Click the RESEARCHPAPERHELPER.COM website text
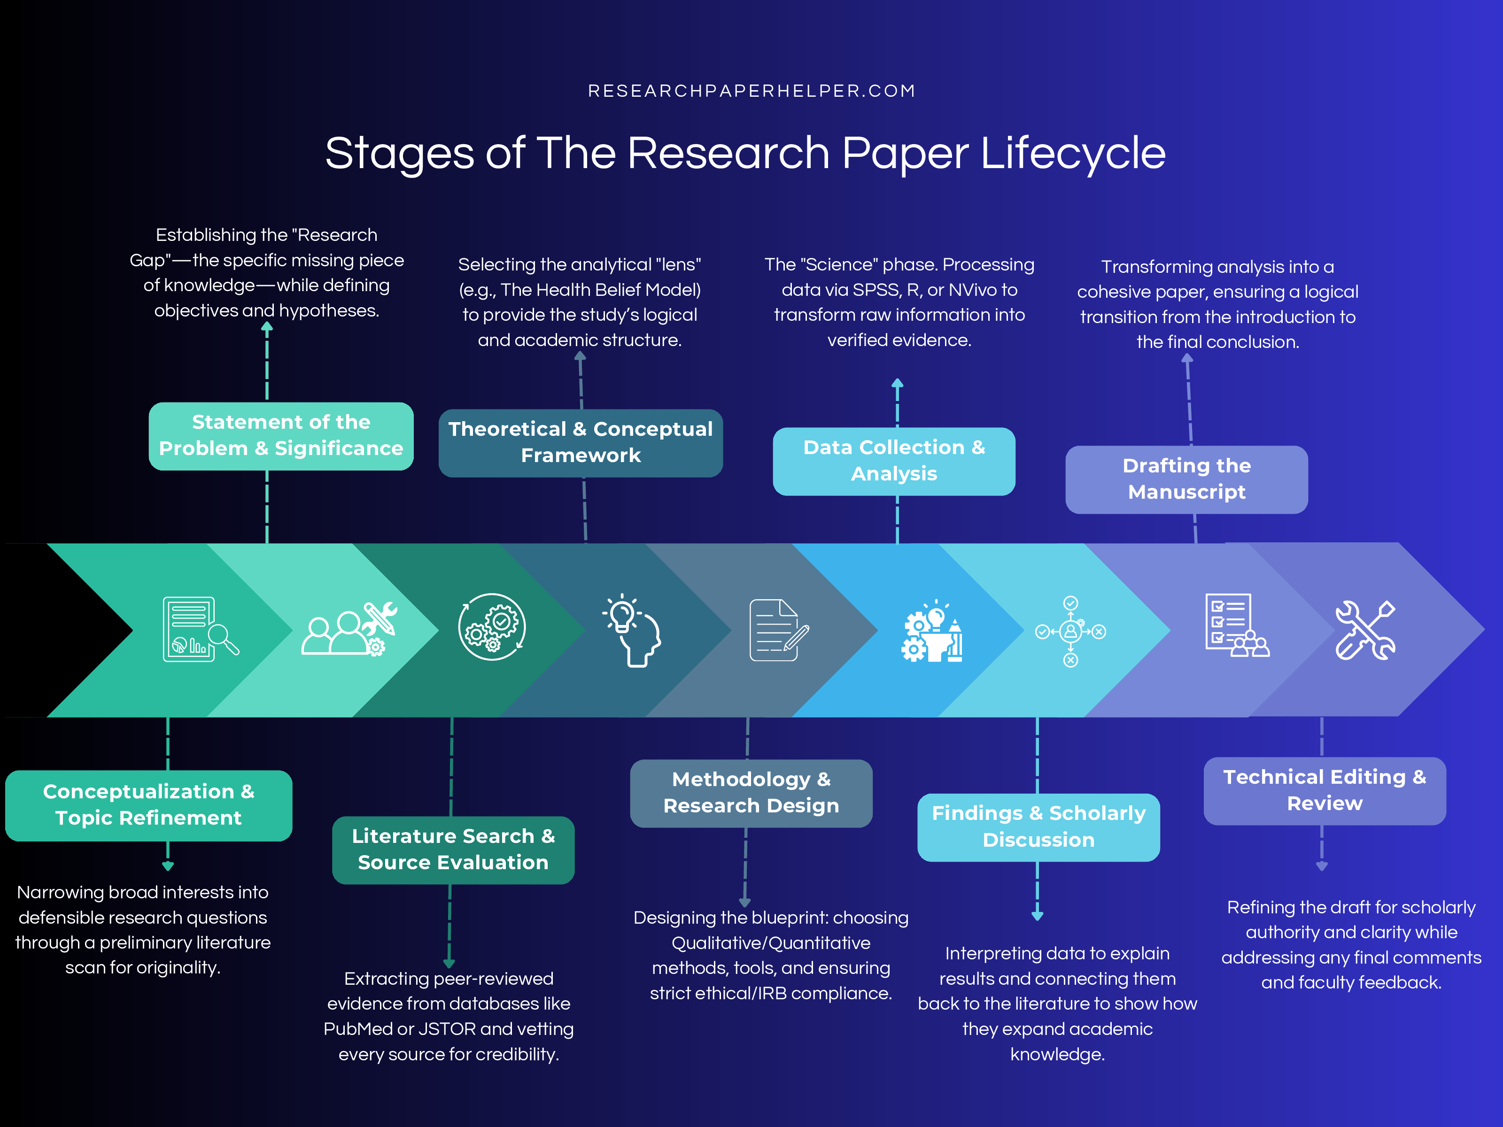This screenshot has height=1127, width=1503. (x=751, y=91)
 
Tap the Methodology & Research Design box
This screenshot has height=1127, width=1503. (x=751, y=793)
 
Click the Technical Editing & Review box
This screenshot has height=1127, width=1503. (x=1325, y=790)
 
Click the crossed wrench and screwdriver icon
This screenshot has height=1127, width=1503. (x=1364, y=630)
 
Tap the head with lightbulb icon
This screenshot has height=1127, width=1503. (x=632, y=630)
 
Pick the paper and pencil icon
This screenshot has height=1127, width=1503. (x=778, y=630)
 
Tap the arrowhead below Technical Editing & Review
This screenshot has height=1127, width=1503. (x=1322, y=866)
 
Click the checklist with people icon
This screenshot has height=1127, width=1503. (x=1236, y=625)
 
